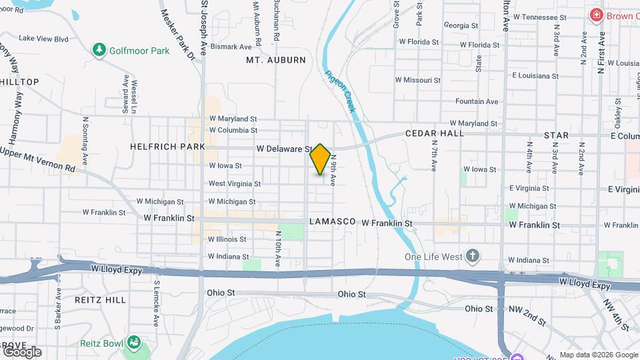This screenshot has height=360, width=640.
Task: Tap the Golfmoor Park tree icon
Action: point(99,50)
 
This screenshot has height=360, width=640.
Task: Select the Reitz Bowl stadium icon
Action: point(134,343)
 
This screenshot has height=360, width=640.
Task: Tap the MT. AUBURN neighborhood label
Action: point(275,60)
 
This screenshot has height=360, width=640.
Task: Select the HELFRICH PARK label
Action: point(167,146)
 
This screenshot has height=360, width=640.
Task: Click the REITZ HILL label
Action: point(100,300)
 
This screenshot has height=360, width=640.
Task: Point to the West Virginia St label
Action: point(234,183)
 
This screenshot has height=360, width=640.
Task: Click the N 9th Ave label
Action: point(333,171)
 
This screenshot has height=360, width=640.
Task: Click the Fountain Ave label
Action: point(477,101)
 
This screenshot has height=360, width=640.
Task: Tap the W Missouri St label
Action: point(418,79)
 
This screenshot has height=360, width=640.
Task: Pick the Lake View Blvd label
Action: point(43,39)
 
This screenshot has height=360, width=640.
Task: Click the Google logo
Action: point(22,351)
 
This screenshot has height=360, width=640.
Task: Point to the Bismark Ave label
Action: point(231,47)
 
